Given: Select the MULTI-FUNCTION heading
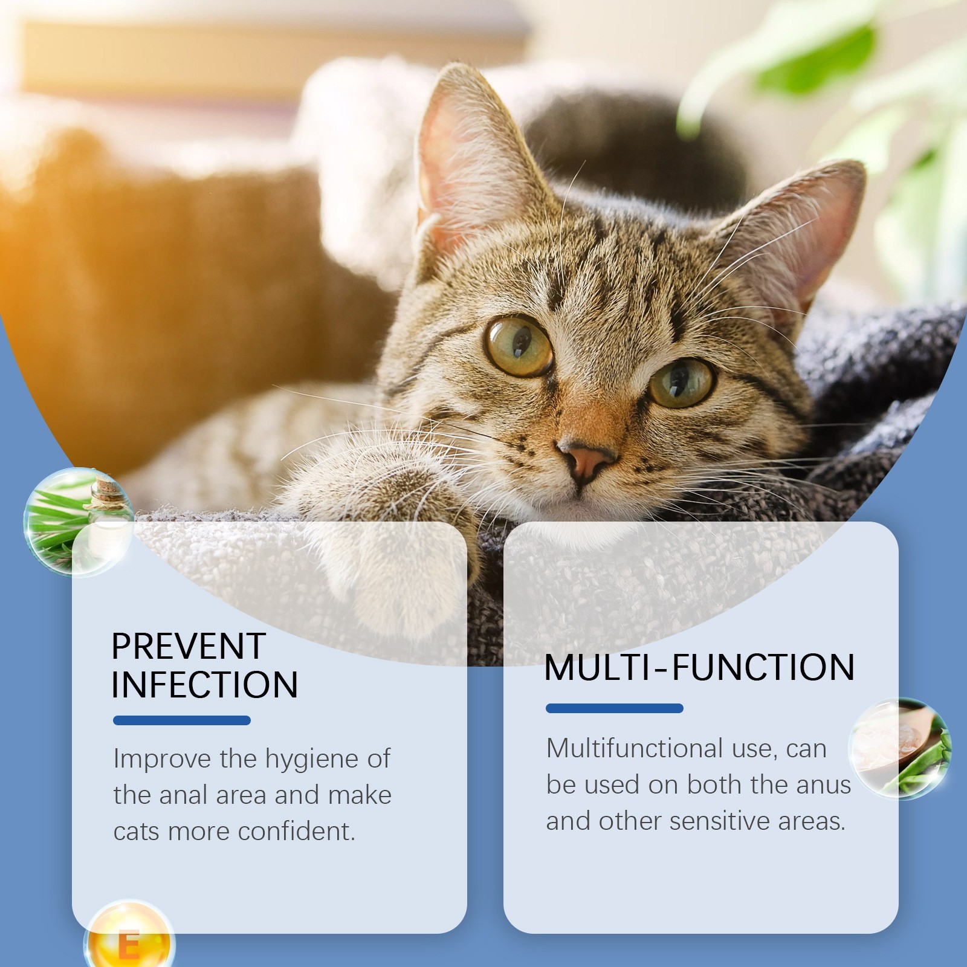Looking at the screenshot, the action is point(699,667).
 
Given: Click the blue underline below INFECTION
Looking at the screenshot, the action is point(182,720).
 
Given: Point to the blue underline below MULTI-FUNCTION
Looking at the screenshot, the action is point(615,708).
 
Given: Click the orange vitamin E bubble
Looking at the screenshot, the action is point(129,934).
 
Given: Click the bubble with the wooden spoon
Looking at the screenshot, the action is point(900,749).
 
